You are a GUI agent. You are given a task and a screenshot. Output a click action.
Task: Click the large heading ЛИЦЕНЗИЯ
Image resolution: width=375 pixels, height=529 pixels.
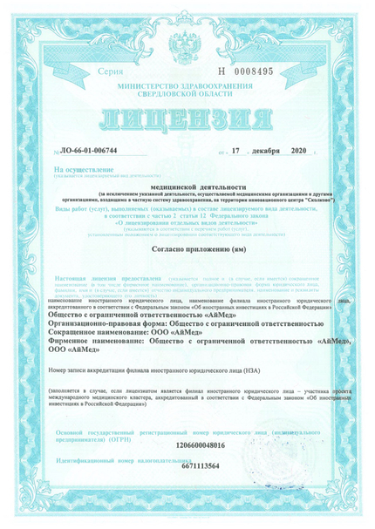(x=186, y=117)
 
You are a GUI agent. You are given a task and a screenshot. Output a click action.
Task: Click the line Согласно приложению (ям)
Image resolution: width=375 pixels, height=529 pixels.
(x=185, y=250)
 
